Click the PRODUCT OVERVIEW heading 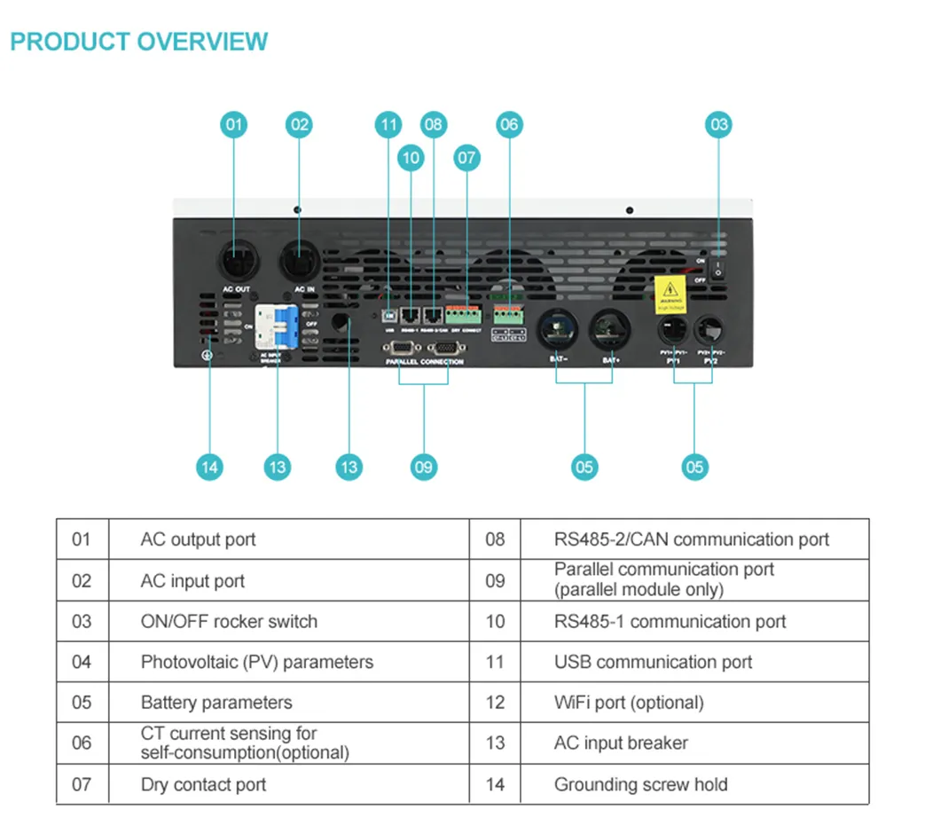[x=139, y=42]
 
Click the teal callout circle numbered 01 [x=233, y=124]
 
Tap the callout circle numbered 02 [x=300, y=124]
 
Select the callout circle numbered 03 [x=718, y=124]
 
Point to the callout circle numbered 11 [x=388, y=124]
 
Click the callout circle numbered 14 [x=209, y=467]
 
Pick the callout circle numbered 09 [x=424, y=467]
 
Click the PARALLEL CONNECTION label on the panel [x=424, y=362]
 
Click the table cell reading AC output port [x=199, y=539]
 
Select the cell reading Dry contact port [x=203, y=784]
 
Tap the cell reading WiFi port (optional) [x=629, y=703]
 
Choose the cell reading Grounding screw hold [x=640, y=784]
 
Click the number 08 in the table [x=495, y=539]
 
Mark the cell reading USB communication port [x=653, y=662]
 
